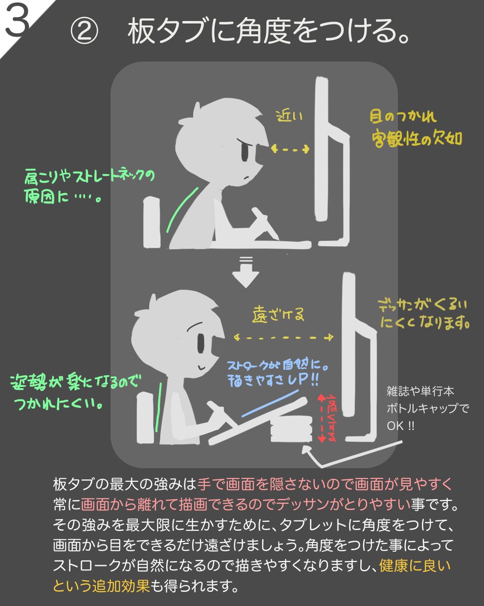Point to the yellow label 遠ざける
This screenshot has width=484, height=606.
click(x=278, y=316)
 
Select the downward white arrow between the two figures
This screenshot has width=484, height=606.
click(x=246, y=273)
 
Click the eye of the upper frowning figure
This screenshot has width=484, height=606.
click(x=245, y=152)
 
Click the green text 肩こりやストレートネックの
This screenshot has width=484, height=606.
click(x=88, y=178)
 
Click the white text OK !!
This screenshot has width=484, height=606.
click(x=400, y=426)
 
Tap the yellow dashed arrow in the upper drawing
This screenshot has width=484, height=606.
click(x=291, y=148)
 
